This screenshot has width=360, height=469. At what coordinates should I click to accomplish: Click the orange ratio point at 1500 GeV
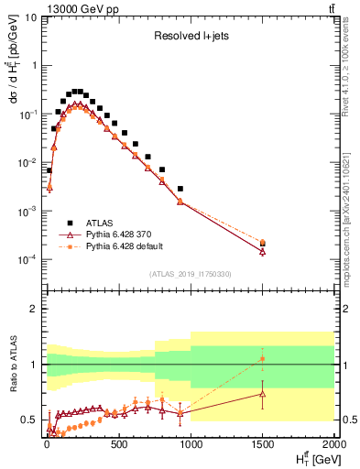pyautogui.click(x=263, y=358)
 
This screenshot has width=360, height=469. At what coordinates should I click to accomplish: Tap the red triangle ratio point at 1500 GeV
pyautogui.click(x=263, y=394)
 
